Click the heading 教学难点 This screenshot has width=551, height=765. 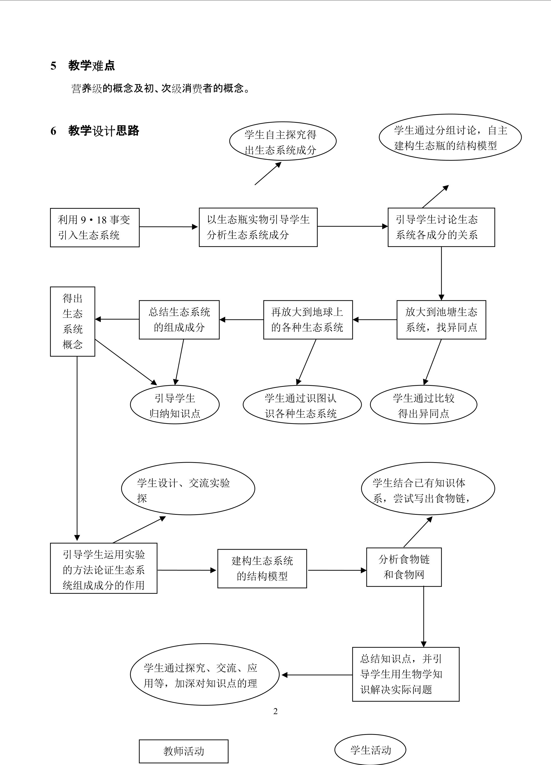pyautogui.click(x=91, y=65)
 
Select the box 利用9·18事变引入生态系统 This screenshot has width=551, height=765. pyautogui.click(x=95, y=227)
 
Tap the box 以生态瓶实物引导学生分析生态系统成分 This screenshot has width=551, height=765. pyautogui.click(x=258, y=227)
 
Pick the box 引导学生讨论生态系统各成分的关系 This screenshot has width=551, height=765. pyautogui.click(x=441, y=227)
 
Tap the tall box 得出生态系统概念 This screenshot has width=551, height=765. pyautogui.click(x=73, y=321)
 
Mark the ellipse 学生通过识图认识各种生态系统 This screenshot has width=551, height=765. pyautogui.click(x=302, y=405)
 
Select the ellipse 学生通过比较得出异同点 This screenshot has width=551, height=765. pyautogui.click(x=423, y=405)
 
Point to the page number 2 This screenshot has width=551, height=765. pyautogui.click(x=275, y=711)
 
